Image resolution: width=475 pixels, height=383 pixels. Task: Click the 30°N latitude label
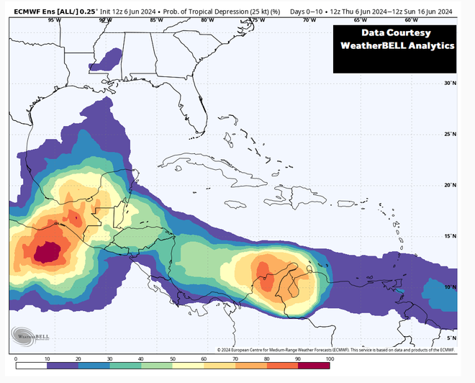(x=450, y=83)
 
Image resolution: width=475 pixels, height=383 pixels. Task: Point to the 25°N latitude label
(x=450, y=134)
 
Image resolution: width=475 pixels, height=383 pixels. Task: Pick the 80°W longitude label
(x=207, y=20)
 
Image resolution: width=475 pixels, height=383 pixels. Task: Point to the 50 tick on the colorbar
(x=172, y=359)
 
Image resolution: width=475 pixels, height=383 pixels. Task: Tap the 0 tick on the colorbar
(x=16, y=359)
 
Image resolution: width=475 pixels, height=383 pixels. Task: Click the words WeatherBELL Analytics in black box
(x=397, y=45)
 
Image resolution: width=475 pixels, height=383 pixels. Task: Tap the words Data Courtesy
(x=395, y=32)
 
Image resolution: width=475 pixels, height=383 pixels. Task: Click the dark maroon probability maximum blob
(x=47, y=251)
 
